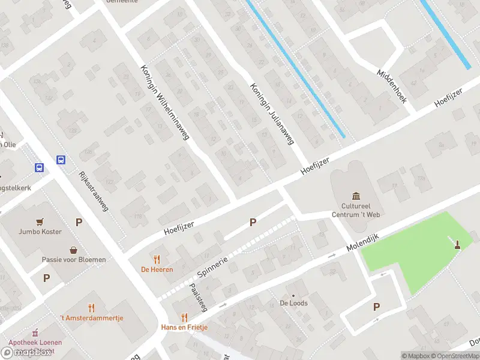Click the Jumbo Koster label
[x=40, y=232]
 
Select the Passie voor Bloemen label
[x=74, y=259]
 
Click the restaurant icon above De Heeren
[x=157, y=259]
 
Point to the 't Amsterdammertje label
[x=91, y=317]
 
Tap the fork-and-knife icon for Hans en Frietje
[x=184, y=317]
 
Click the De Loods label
[x=293, y=303]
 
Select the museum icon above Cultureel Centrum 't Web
[x=357, y=196]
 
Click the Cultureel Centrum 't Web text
[x=357, y=210]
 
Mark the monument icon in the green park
[x=457, y=244]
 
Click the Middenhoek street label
[x=392, y=86]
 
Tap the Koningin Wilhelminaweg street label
[x=164, y=102]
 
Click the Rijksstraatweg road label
[x=93, y=191]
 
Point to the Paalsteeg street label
[x=198, y=296]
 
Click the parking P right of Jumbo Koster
[x=79, y=222]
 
